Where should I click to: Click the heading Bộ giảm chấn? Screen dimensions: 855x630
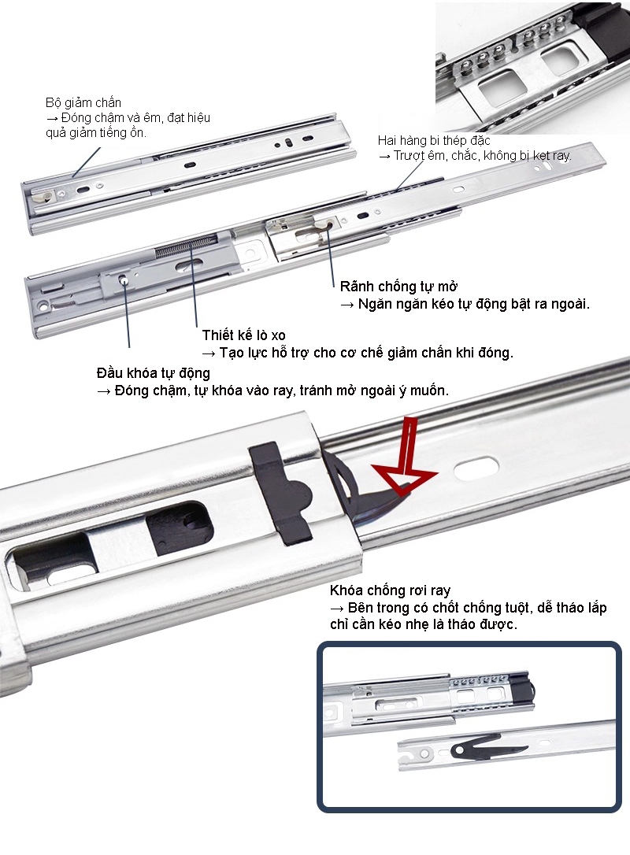click(x=83, y=103)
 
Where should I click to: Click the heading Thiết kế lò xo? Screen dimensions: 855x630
click(x=243, y=335)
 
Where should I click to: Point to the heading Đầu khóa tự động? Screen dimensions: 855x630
click(x=153, y=373)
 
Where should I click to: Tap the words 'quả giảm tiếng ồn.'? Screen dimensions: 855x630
click(x=95, y=132)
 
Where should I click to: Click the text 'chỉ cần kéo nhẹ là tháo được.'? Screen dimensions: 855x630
click(x=423, y=624)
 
